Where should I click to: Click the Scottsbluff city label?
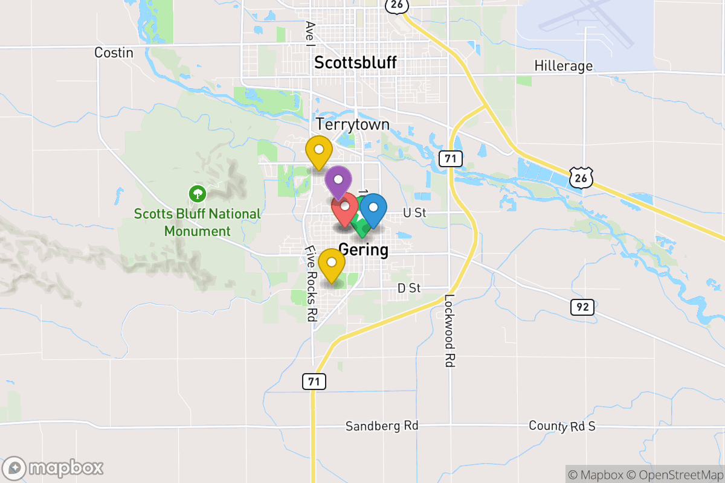(x=355, y=63)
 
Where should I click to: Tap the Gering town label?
(x=363, y=249)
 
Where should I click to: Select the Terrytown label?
(x=353, y=125)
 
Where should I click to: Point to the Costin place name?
(x=114, y=53)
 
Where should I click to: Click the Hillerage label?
(x=563, y=66)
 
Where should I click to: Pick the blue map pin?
(x=373, y=209)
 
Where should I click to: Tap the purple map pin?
(x=338, y=181)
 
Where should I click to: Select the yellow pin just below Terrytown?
(x=318, y=152)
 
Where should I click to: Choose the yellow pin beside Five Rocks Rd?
(x=332, y=263)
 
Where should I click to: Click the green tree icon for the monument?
(x=197, y=194)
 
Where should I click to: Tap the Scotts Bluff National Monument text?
(x=197, y=222)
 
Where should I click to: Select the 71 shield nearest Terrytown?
(x=450, y=159)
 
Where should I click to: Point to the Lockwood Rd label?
(x=449, y=331)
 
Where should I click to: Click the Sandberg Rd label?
(x=382, y=426)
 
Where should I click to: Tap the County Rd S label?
(x=561, y=426)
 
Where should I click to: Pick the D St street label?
(x=409, y=289)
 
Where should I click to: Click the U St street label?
(x=415, y=213)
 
